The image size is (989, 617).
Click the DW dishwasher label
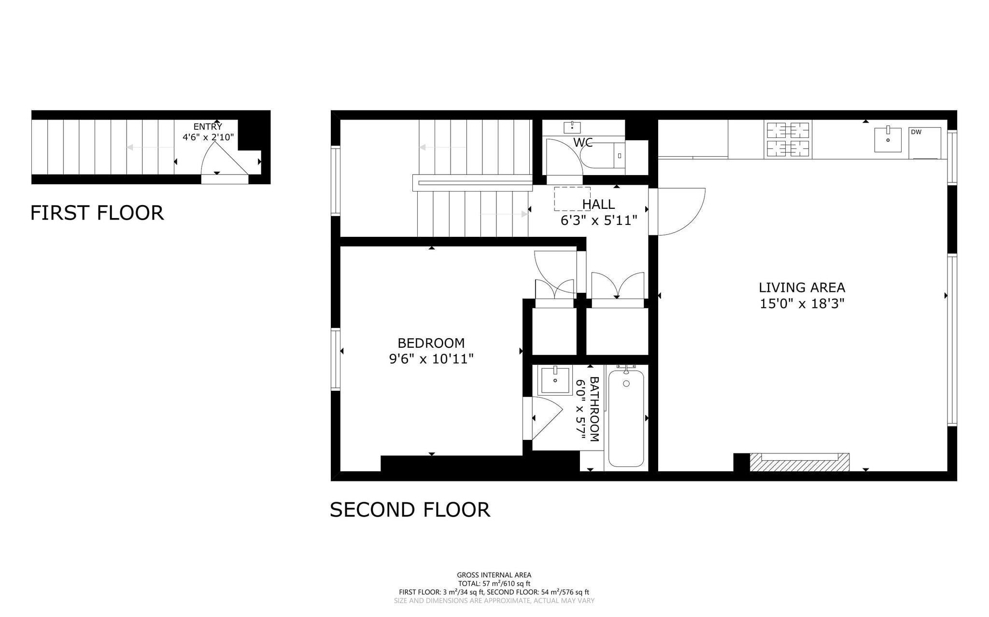916,132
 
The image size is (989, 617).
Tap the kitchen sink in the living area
888,139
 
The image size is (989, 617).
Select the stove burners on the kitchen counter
788,139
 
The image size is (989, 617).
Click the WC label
583,142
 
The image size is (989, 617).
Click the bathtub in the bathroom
626,417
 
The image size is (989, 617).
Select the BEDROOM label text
431,343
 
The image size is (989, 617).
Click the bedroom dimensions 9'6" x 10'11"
431,359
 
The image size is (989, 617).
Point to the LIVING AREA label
802,288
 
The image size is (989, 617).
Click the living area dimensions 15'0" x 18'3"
802,304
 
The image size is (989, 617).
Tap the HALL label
599,205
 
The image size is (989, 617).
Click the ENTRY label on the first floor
208,127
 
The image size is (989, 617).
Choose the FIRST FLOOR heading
97,213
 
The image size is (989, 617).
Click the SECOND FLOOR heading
410,510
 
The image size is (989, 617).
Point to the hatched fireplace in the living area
799,462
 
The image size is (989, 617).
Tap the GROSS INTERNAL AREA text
494,575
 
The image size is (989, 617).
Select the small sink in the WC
572,127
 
